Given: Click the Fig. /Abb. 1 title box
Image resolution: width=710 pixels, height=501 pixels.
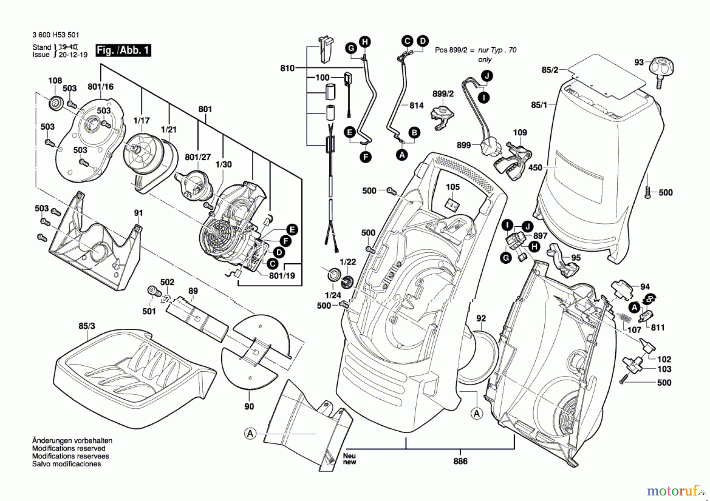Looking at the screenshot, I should pyautogui.click(x=123, y=50).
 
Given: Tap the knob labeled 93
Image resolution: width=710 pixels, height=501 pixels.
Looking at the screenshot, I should pyautogui.click(x=661, y=67).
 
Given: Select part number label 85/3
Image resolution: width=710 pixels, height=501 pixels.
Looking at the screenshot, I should pyautogui.click(x=86, y=326).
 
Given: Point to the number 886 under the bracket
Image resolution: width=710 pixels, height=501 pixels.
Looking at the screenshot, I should pyautogui.click(x=460, y=461).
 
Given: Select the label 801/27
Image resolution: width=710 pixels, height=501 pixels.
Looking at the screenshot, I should pyautogui.click(x=198, y=157).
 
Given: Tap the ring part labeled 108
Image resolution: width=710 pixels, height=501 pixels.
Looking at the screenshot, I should pyautogui.click(x=55, y=103).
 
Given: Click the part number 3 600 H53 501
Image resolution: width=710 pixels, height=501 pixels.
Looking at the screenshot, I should pyautogui.click(x=56, y=35).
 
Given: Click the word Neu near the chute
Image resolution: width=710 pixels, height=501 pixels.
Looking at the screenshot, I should pyautogui.click(x=349, y=456).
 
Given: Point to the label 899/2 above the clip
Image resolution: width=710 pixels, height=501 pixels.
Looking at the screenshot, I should pyautogui.click(x=443, y=94).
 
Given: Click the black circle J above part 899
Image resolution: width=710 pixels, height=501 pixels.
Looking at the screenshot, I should pyautogui.click(x=487, y=76).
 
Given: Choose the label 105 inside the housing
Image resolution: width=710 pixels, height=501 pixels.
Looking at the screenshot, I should pyautogui.click(x=453, y=187).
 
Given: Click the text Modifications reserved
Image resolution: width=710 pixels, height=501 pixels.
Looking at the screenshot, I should pyautogui.click(x=69, y=449).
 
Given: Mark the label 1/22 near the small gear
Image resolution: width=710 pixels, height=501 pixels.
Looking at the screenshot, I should pyautogui.click(x=348, y=262).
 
